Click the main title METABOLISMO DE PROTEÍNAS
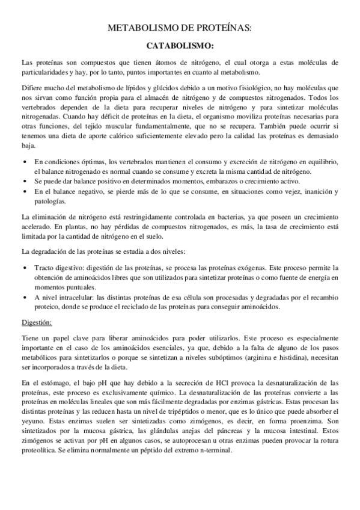tap(180, 28)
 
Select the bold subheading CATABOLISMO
tap(180, 45)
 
